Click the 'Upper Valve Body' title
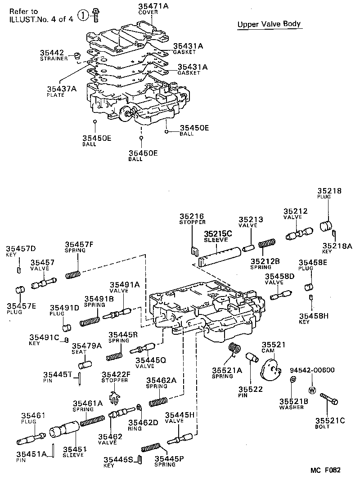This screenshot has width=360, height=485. click(x=269, y=24)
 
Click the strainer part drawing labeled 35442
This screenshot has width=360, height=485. click(x=77, y=56)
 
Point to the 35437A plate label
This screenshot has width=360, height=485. click(x=61, y=89)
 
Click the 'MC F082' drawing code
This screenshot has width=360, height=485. click(x=325, y=470)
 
